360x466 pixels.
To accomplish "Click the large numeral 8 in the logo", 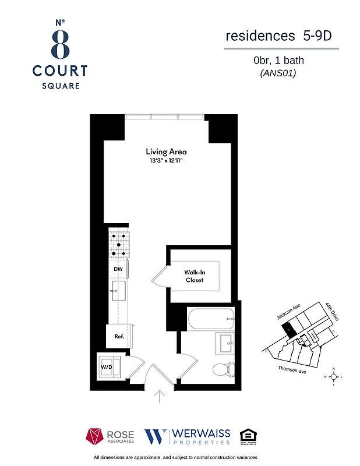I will (60, 44).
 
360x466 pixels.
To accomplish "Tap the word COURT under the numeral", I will (60, 71).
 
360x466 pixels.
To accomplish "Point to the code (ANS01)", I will (278, 73).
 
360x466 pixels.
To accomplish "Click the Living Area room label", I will (166, 151).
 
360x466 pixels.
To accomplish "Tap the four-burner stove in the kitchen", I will (118, 245).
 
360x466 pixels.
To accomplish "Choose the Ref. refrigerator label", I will (119, 336).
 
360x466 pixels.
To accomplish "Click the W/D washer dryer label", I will (107, 368).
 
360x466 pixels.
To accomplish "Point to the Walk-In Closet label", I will (194, 276).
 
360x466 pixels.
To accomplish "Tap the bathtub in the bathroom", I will (210, 318).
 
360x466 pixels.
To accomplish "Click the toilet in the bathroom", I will (224, 368).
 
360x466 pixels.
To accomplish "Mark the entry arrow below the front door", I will (160, 397).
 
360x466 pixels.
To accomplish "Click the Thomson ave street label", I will (292, 370).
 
